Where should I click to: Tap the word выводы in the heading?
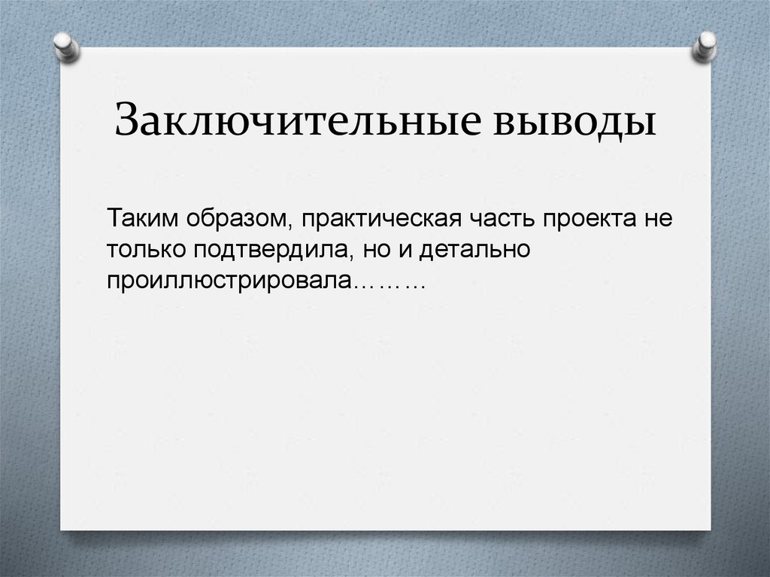tap(577, 121)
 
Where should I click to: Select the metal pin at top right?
tap(705, 45)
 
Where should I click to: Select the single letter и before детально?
tap(408, 250)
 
